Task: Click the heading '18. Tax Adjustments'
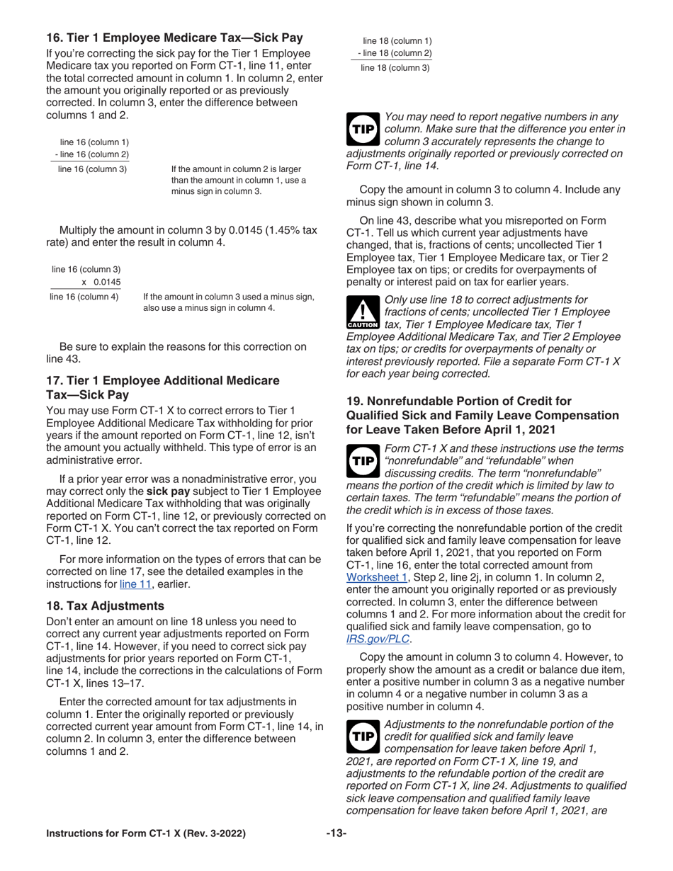click(x=105, y=605)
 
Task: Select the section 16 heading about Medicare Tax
click(x=174, y=38)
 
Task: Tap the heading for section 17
click(x=162, y=387)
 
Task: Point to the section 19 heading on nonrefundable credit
click(x=482, y=415)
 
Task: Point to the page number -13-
click(x=336, y=833)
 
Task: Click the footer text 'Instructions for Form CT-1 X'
click(x=146, y=833)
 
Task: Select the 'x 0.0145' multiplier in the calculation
click(x=101, y=283)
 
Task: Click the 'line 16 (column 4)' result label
click(x=84, y=297)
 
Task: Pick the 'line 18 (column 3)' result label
click(x=395, y=68)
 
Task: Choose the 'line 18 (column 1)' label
click(x=397, y=41)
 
